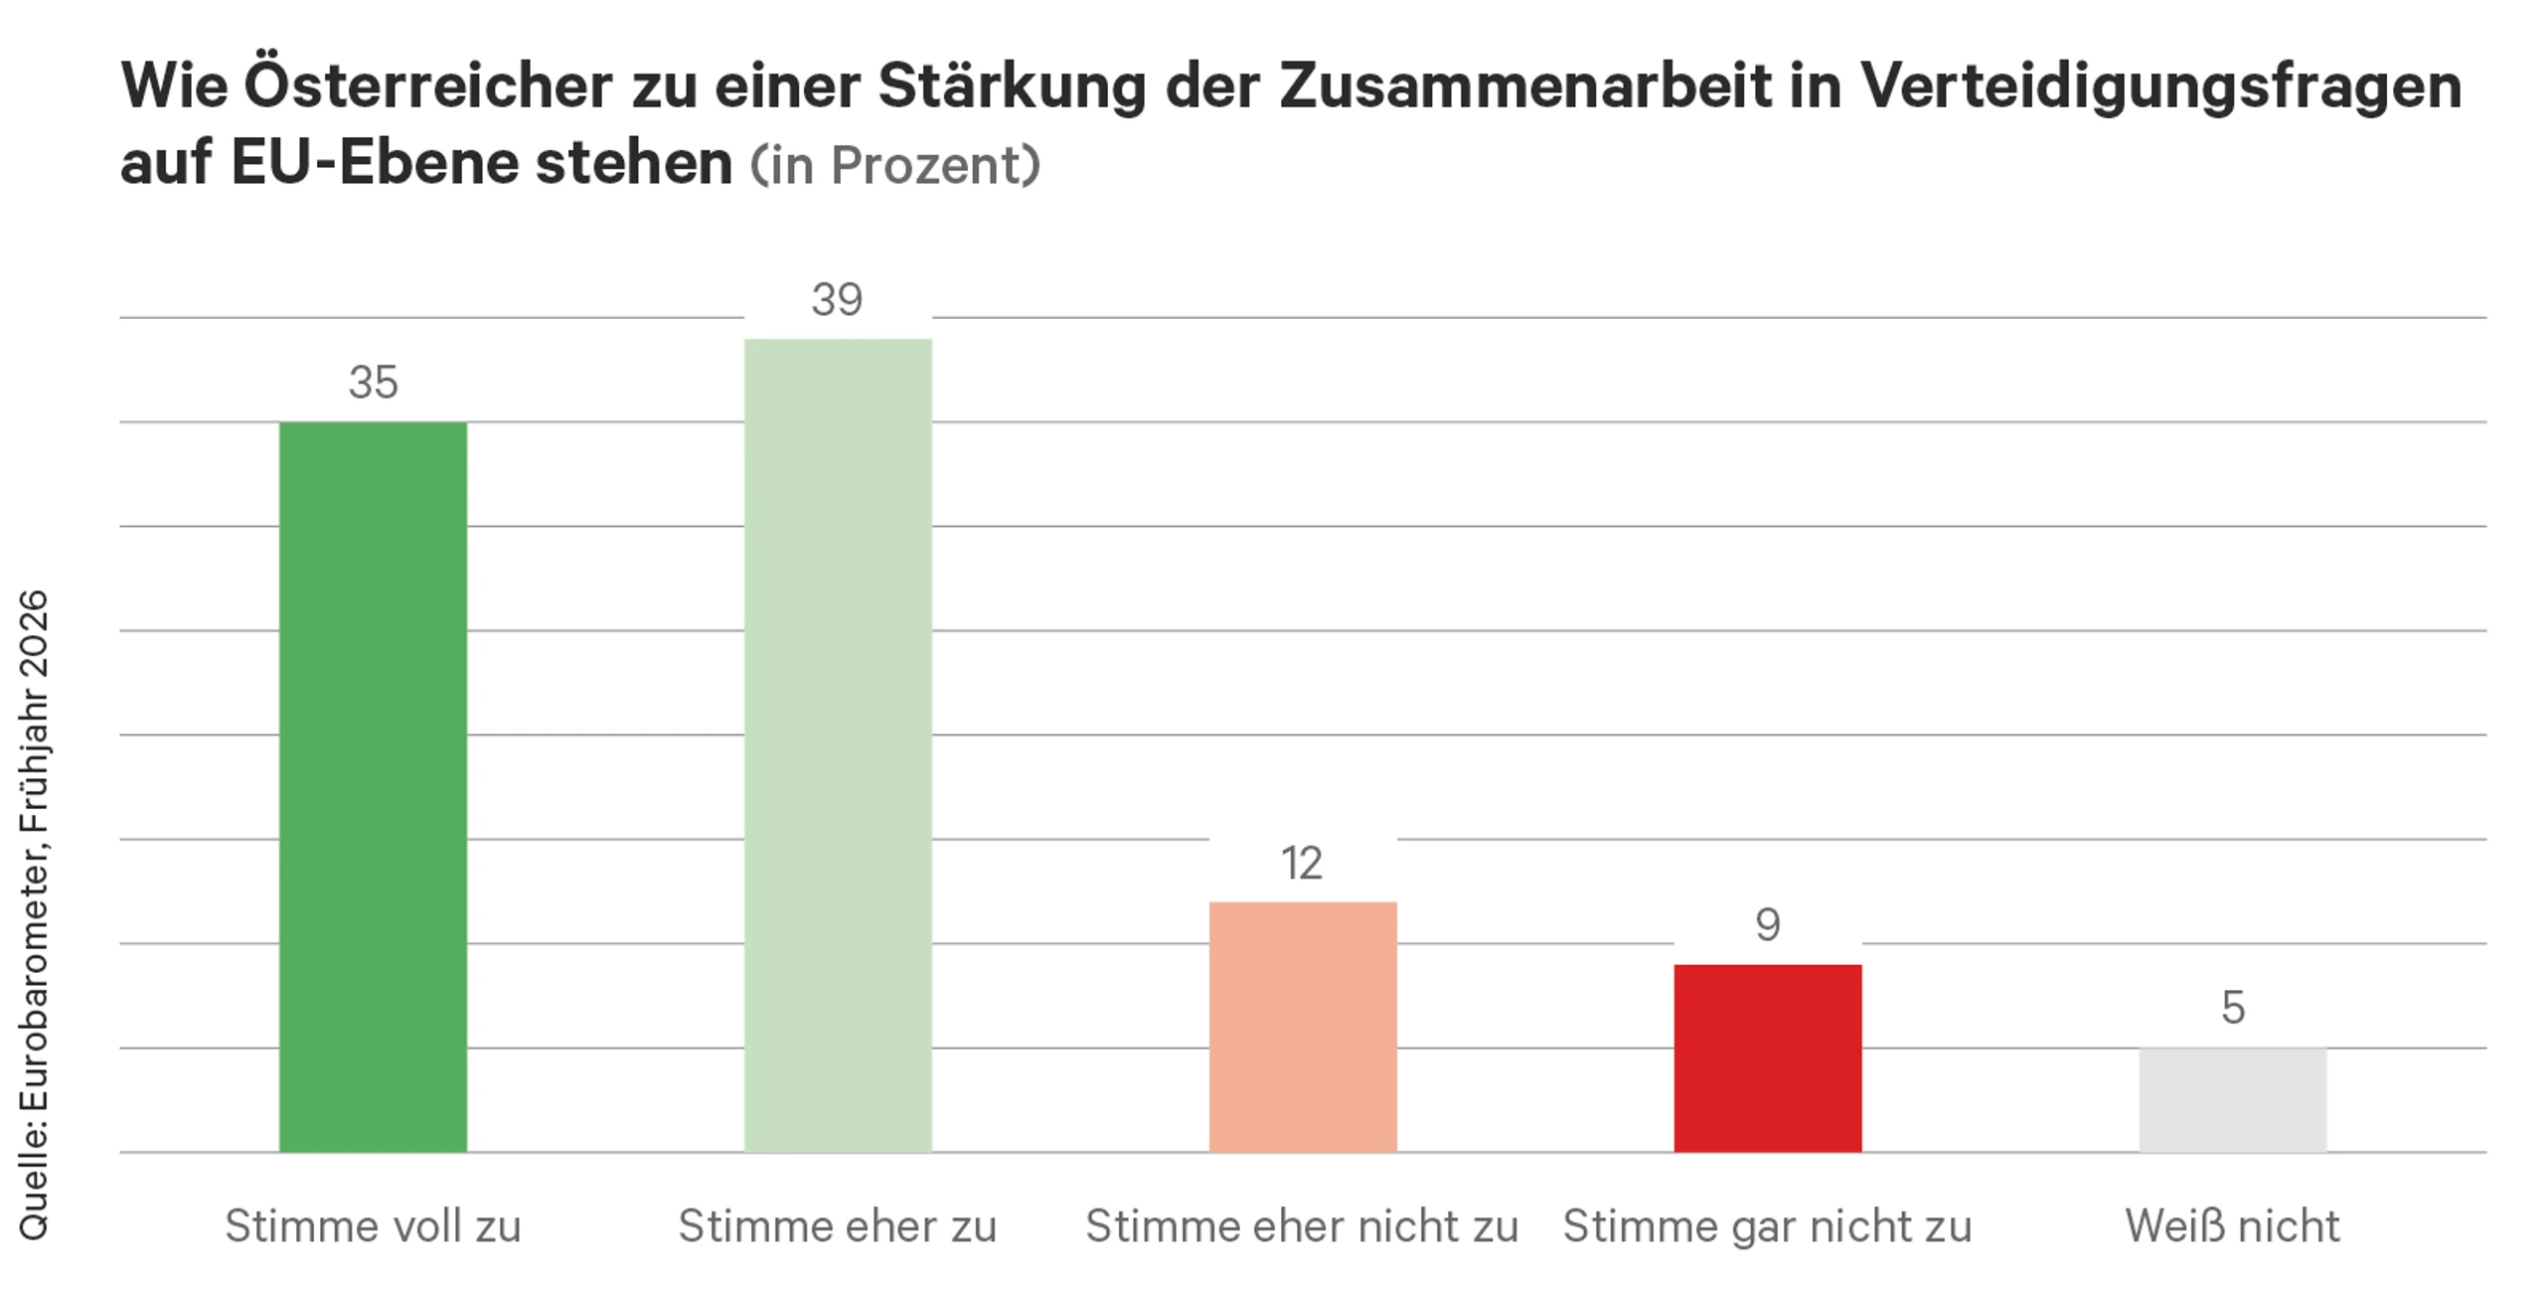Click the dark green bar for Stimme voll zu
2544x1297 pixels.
pos(373,787)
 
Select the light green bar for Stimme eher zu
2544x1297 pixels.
pos(838,745)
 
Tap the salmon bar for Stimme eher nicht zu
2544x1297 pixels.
pos(1303,1028)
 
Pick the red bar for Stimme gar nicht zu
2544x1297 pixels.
pos(1768,1058)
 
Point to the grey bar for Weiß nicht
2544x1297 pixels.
pos(2233,1100)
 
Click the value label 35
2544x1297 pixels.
pos(373,383)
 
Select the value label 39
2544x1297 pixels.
pos(837,300)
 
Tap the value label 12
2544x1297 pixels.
pos(1302,864)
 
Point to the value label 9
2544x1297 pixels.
pos(1768,925)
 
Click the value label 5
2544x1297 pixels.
pos(2233,1008)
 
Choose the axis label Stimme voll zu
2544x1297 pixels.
pos(373,1226)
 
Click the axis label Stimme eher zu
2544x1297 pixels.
pos(838,1226)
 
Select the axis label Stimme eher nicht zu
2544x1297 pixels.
pos(1302,1226)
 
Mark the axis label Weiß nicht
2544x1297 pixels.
pos(2233,1226)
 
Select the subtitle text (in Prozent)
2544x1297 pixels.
pos(895,165)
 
